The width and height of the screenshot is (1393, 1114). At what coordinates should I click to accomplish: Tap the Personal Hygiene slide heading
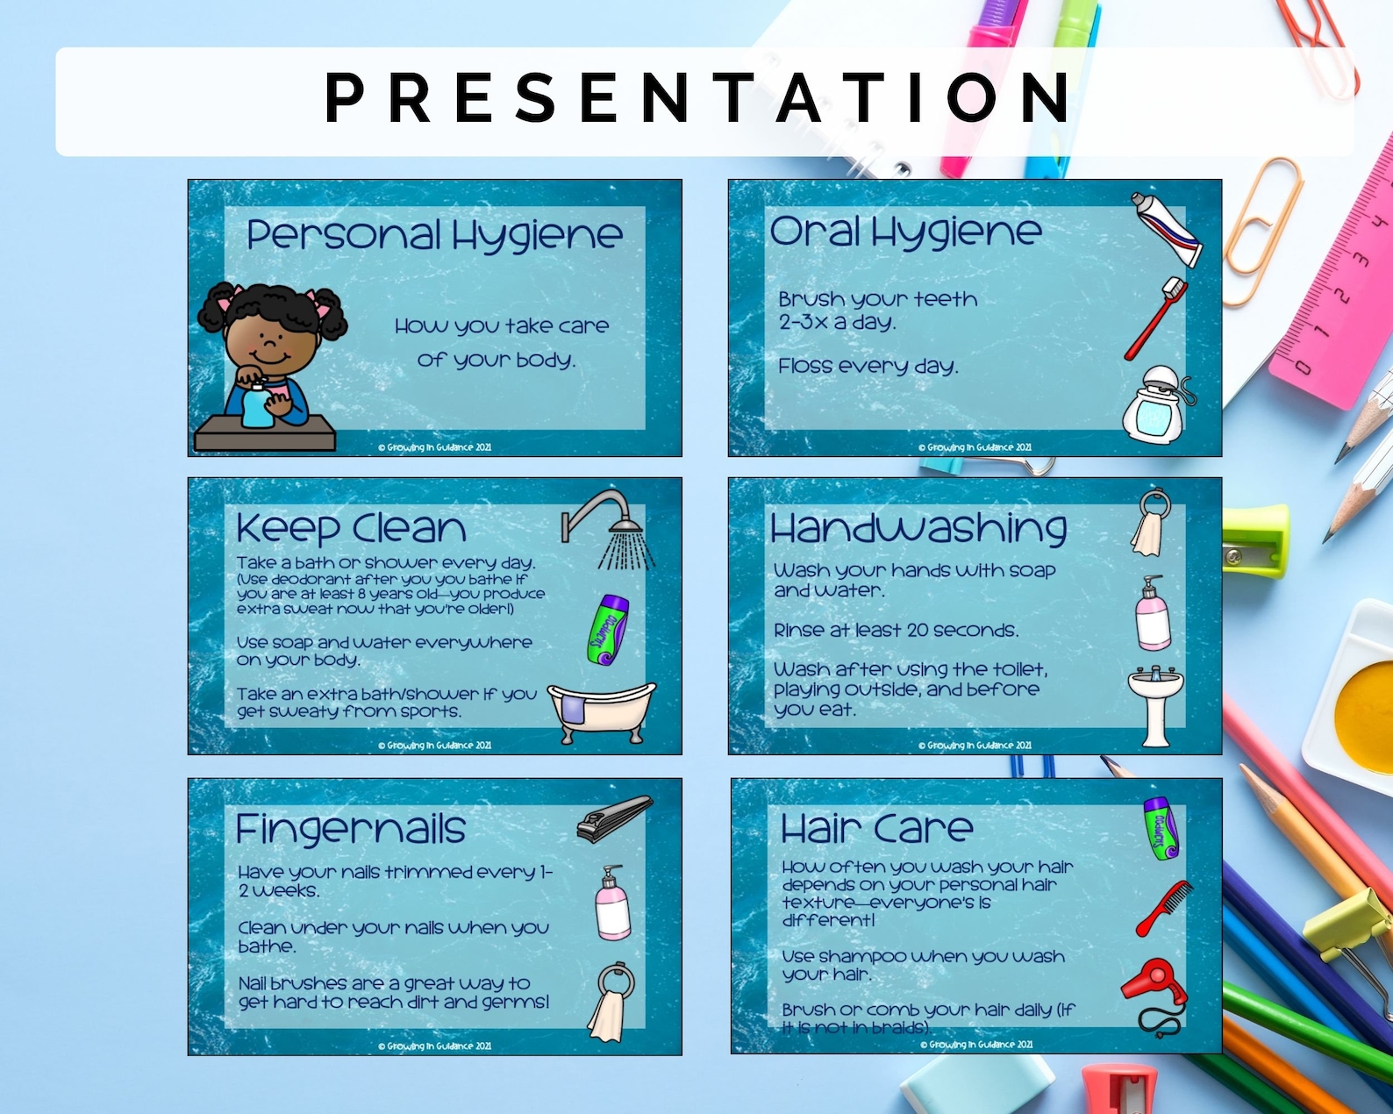434,235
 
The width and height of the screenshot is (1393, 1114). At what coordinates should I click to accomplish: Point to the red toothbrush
1156,318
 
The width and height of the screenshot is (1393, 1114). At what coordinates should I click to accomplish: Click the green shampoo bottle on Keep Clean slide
608,630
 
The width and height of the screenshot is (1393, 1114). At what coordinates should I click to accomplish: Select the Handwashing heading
918,528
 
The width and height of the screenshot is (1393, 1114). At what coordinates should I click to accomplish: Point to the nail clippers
614,819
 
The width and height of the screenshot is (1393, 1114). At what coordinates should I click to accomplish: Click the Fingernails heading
350,829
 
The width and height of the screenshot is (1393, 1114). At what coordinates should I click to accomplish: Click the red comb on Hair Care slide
1165,908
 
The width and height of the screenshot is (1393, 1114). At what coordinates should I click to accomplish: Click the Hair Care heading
876,828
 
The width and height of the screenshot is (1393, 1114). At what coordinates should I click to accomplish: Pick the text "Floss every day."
868,366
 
